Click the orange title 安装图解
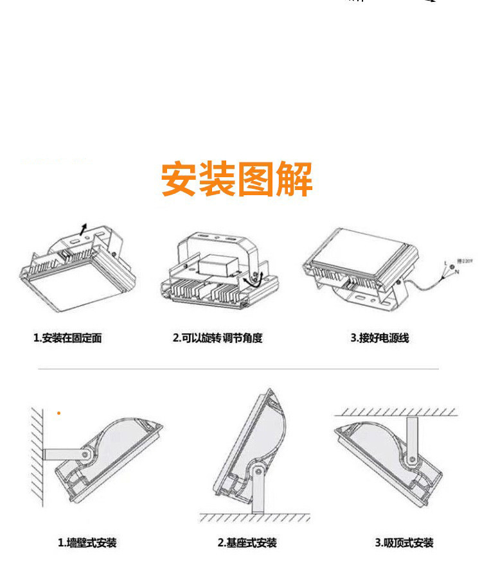[237, 180]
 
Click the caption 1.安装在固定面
[67, 338]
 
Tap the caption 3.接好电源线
[379, 338]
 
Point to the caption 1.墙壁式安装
[87, 543]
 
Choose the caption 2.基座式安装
[247, 543]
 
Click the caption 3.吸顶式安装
[404, 543]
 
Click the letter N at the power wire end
[456, 272]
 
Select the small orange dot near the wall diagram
[59, 413]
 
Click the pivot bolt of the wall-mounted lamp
[84, 455]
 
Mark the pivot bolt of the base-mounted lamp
[258, 471]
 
